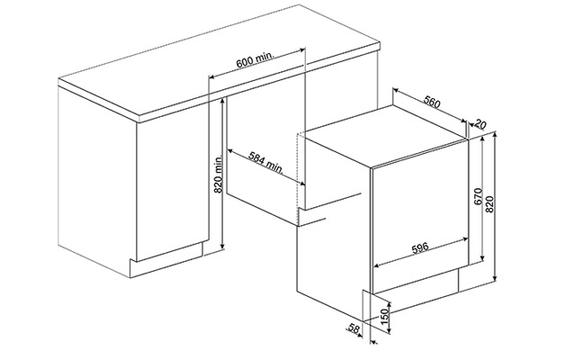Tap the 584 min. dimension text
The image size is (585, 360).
tap(266, 163)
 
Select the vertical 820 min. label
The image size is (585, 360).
tap(218, 175)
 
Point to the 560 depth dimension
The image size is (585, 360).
tap(432, 102)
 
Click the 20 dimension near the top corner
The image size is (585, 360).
tap(481, 124)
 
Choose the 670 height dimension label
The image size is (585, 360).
tap(478, 196)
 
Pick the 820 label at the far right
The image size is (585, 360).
tap(490, 204)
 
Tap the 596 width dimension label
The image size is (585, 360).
tap(420, 248)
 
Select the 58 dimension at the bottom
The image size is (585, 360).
tap(354, 328)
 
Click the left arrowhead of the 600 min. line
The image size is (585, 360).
tap(211, 77)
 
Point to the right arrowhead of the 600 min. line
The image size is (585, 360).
tap(302, 49)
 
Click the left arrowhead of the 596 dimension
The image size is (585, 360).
tap(376, 266)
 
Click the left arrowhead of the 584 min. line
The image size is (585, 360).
tap(229, 151)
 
